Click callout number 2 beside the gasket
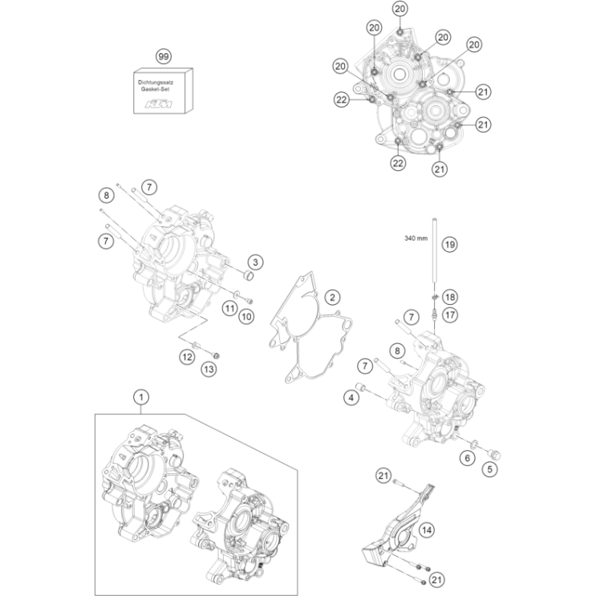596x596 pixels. coord(330,298)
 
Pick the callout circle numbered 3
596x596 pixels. coord(254,262)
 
